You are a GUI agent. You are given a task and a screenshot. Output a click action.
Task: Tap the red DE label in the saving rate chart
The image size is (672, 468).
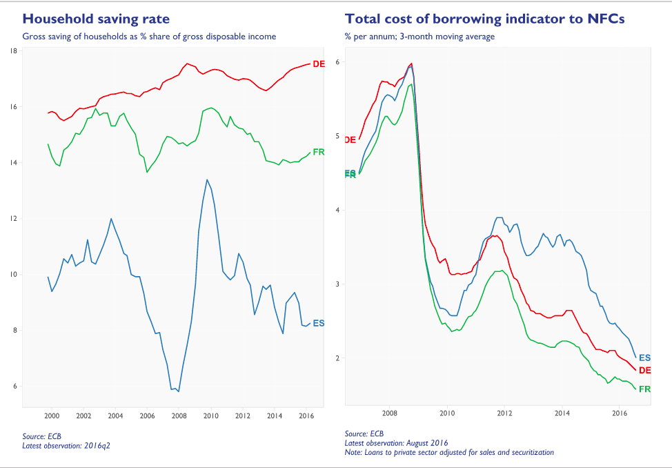[x=319, y=64]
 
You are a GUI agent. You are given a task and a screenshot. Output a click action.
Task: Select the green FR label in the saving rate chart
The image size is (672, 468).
[x=319, y=152]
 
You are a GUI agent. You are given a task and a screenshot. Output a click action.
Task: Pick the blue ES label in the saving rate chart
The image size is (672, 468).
[x=319, y=323]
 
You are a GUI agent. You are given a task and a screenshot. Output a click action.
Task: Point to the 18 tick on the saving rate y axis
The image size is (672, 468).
[x=14, y=51]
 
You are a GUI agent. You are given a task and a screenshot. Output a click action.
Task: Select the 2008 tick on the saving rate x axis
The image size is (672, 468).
[x=179, y=416]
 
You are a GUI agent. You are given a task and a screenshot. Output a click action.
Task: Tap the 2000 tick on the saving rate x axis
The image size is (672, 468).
[x=52, y=416]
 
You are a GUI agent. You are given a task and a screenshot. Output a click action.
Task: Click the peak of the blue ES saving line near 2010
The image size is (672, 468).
[x=207, y=180]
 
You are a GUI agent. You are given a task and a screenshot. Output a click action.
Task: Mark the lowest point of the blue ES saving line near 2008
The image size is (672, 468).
[x=179, y=391]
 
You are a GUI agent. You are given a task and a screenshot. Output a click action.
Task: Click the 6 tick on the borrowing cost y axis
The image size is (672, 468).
[x=338, y=62]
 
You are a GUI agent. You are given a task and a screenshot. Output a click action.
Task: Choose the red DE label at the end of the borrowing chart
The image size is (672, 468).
[x=645, y=371]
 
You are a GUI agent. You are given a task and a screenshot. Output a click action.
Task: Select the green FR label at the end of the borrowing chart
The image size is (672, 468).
[x=645, y=389]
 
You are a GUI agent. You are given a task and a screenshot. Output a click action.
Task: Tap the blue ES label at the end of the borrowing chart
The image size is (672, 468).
[x=645, y=358]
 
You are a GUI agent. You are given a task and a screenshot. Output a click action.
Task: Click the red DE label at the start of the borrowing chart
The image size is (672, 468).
[x=350, y=139]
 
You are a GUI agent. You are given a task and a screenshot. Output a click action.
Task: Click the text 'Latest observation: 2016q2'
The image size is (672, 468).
[x=66, y=445]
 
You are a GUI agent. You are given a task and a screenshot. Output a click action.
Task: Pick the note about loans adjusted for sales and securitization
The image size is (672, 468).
[x=449, y=452]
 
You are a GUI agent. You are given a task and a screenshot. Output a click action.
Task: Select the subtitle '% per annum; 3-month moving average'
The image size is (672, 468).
[x=419, y=36]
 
